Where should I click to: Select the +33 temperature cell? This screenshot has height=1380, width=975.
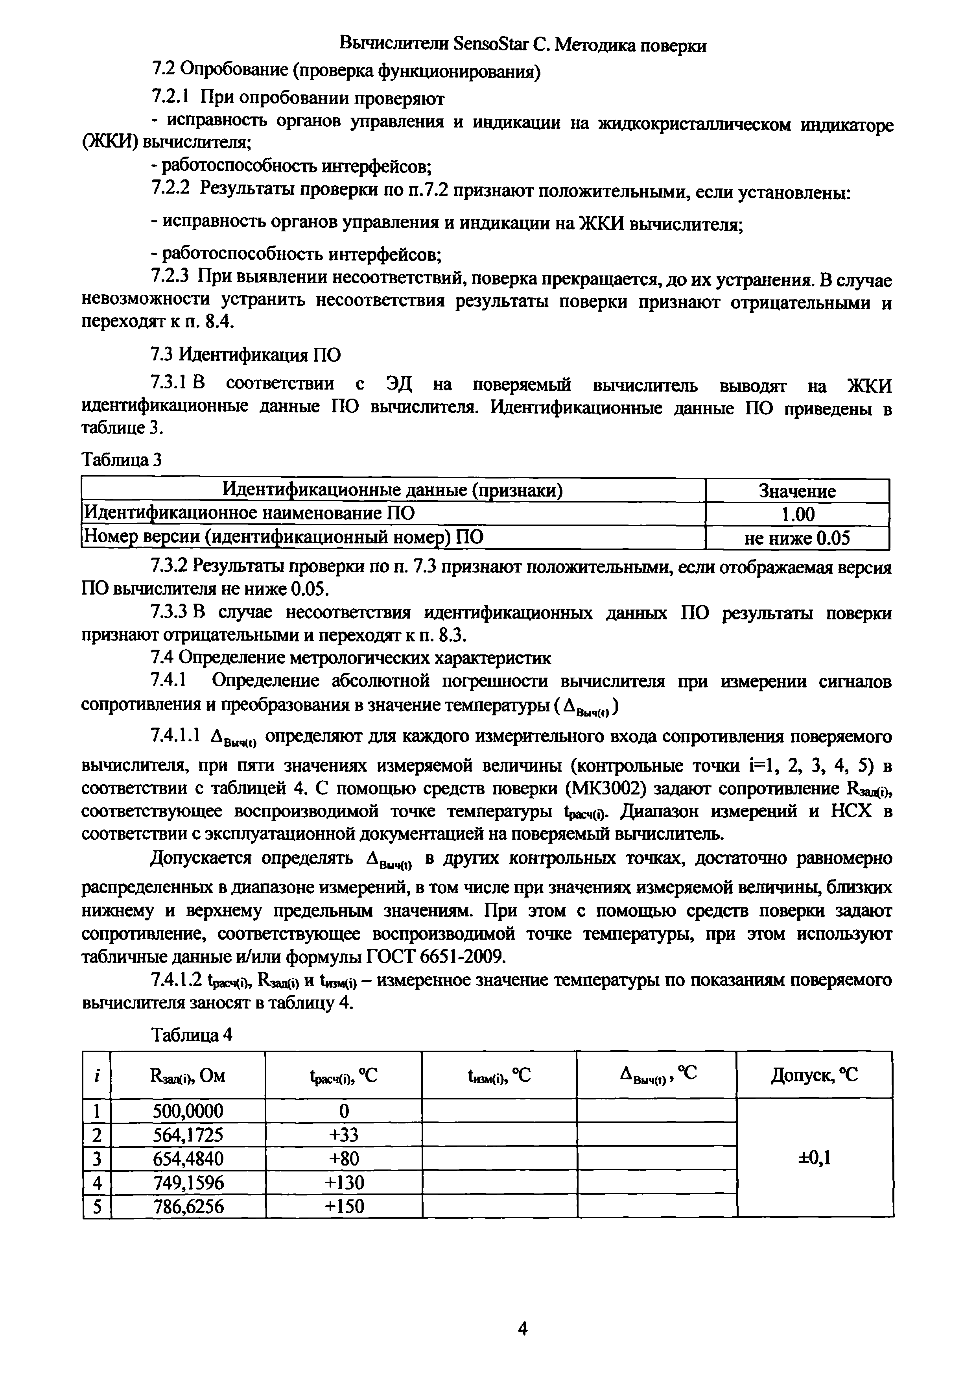(344, 1134)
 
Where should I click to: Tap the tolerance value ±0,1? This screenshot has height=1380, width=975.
(814, 1158)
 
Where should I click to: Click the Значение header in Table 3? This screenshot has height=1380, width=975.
(796, 491)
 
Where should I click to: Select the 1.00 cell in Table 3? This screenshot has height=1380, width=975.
(796, 514)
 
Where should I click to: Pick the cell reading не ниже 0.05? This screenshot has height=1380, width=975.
(796, 538)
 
